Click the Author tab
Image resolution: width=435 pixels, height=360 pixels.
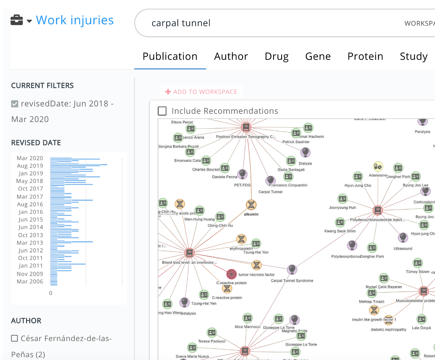231,56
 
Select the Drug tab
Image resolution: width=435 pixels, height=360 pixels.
277,56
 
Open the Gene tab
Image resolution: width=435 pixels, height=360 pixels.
318,56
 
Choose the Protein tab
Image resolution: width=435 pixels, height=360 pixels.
365,56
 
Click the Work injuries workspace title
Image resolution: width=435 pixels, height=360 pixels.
75,20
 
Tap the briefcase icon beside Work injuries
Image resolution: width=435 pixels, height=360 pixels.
17,20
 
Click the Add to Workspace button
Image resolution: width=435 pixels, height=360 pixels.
201,92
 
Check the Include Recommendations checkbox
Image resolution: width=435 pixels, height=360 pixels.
162,111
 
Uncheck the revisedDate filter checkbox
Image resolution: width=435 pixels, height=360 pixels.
15,104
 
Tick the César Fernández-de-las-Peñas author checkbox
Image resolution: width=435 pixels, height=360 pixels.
15,338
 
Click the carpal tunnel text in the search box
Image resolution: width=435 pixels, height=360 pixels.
181,23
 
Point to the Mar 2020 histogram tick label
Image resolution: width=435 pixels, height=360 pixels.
30,158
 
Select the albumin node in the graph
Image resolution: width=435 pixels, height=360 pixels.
251,205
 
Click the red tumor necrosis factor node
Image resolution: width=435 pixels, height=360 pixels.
231,274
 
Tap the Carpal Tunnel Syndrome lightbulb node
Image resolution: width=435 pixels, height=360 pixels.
292,270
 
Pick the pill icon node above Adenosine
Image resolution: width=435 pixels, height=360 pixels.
378,166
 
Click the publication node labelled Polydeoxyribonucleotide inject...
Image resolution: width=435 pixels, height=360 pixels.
377,211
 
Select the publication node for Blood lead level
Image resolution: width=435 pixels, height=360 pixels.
189,253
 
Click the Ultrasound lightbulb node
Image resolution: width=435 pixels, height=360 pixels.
403,238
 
